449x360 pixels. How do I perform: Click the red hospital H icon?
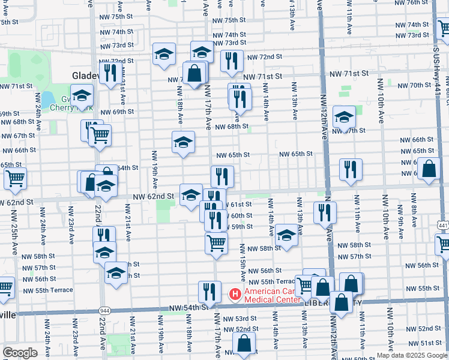pyautogui.click(x=235, y=294)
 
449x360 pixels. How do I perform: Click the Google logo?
pyautogui.click(x=20, y=353)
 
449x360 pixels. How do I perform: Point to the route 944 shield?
pyautogui.click(x=105, y=311)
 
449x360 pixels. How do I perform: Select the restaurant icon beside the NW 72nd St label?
pyautogui.click(x=231, y=61)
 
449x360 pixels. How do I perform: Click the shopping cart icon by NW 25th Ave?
pyautogui.click(x=15, y=178)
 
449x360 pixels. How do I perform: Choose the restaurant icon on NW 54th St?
pyautogui.click(x=209, y=292)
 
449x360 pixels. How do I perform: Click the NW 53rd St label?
pyautogui.click(x=241, y=319)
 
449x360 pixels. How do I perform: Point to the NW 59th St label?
pyautogui.click(x=238, y=227)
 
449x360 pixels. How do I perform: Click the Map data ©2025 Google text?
pyautogui.click(x=411, y=355)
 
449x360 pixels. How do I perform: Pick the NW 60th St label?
pyautogui.click(x=238, y=216)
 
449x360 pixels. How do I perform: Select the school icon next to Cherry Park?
pyautogui.click(x=82, y=95)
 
